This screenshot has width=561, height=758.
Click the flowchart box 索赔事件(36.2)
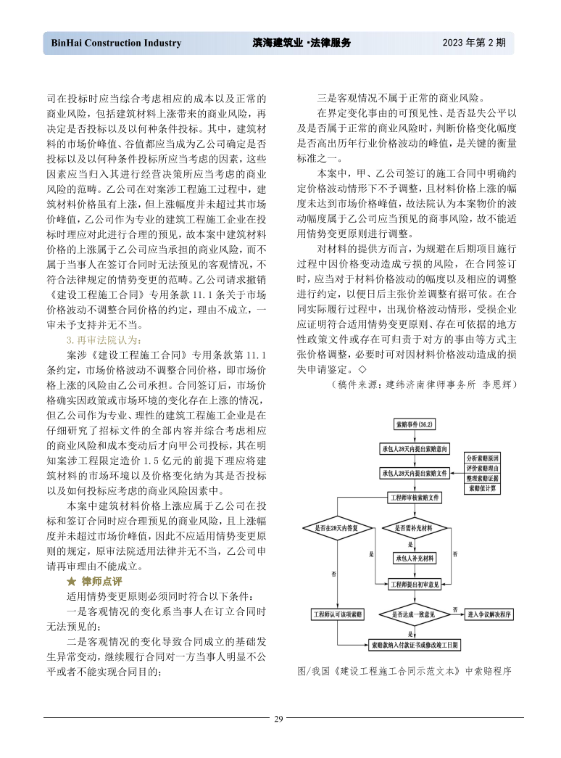414,424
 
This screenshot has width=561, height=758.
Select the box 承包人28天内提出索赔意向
414,449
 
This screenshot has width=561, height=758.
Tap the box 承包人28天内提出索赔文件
414,473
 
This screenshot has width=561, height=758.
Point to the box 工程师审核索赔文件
414,498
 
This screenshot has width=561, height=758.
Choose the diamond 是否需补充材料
414,528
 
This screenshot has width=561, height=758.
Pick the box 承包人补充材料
414,558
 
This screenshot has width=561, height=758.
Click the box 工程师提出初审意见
414,584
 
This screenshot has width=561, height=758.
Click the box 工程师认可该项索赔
338,614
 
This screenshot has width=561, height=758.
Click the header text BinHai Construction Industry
116,43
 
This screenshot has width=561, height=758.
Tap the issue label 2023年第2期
474,43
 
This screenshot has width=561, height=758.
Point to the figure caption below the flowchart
404,671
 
